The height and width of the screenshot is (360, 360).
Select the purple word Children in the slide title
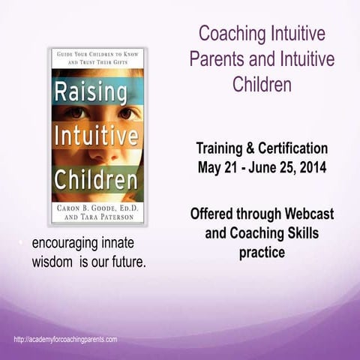pyautogui.click(x=261, y=83)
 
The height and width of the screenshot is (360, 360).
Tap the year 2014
pyautogui.click(x=309, y=166)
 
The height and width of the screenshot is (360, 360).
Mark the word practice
pyautogui.click(x=262, y=253)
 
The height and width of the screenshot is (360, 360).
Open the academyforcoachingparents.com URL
pyautogui.click(x=65, y=340)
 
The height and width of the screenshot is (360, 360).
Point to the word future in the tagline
pyautogui.click(x=122, y=262)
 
